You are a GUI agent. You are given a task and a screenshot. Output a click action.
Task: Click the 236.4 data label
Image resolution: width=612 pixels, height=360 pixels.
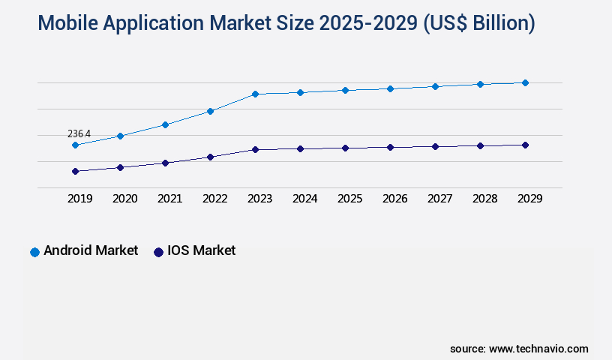click(79, 134)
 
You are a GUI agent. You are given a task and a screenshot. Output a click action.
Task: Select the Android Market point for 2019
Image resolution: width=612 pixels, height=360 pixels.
click(75, 145)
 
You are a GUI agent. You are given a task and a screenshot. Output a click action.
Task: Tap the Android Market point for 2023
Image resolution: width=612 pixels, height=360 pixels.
click(255, 94)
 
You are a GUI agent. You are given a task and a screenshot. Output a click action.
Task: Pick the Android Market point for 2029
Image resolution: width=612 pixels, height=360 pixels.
click(525, 82)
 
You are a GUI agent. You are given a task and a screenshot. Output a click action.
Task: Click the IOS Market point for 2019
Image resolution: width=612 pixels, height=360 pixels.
click(75, 171)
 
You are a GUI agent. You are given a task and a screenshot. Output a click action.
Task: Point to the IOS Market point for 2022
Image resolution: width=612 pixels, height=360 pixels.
click(210, 157)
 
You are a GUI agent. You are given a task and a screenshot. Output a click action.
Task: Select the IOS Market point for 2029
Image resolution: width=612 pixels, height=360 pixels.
click(525, 145)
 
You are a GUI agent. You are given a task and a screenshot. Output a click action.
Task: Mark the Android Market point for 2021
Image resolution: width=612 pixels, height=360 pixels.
click(165, 124)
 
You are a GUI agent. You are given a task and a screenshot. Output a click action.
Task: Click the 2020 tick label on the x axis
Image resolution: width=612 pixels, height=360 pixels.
click(124, 199)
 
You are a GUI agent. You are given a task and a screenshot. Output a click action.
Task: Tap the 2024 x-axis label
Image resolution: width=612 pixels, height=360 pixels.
click(304, 199)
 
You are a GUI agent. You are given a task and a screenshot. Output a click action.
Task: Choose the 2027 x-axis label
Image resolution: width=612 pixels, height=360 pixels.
click(439, 199)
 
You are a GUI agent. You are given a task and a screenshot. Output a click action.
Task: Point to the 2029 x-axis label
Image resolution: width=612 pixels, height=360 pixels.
click(529, 199)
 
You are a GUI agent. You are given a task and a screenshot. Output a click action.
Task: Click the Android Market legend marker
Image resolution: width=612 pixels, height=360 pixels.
click(34, 252)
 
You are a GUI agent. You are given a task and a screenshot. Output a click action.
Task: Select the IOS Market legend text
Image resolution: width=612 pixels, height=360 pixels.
click(201, 250)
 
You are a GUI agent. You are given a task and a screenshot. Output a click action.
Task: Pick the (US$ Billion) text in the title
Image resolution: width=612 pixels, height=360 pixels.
click(479, 23)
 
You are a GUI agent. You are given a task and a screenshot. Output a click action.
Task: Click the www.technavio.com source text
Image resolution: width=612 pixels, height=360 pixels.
click(538, 349)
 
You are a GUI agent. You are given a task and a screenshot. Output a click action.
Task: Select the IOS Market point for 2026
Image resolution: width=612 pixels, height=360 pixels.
click(390, 147)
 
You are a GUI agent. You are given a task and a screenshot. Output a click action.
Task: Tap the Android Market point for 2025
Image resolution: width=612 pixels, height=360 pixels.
click(345, 90)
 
